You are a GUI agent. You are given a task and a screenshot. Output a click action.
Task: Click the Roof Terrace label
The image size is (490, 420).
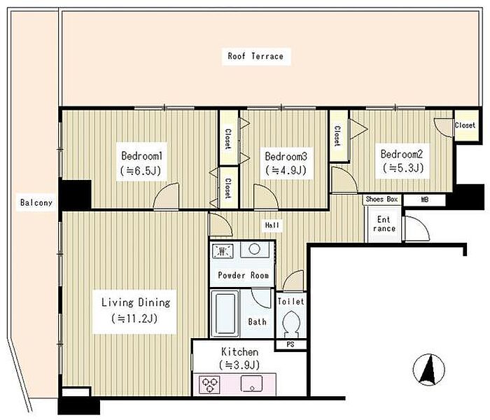[255, 56]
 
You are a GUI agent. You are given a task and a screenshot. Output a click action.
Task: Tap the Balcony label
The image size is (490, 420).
[36, 202]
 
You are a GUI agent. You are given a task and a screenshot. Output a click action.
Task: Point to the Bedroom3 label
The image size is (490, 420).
[286, 156]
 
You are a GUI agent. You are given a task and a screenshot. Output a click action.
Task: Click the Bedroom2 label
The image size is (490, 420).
[402, 154]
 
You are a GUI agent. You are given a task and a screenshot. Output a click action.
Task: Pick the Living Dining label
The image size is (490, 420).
[136, 302]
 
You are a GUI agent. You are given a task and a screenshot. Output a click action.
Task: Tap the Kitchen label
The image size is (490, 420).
[239, 352]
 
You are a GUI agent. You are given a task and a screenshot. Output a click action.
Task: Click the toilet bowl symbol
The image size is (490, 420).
[291, 323]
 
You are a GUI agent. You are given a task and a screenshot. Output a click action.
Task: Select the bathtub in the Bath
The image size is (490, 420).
[225, 314]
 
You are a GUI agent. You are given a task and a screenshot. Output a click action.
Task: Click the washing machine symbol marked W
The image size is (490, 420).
[223, 251]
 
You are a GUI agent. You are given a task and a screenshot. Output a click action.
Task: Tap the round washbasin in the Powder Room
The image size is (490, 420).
[254, 249]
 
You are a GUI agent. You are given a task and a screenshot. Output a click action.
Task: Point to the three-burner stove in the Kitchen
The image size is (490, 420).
[209, 384]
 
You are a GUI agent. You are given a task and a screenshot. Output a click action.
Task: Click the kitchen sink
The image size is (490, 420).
[251, 384]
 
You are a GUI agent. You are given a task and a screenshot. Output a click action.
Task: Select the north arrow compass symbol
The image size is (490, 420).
[428, 370]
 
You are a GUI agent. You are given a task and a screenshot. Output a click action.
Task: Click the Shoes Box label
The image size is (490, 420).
[382, 199]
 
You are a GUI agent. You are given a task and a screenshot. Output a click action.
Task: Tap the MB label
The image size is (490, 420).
[424, 199]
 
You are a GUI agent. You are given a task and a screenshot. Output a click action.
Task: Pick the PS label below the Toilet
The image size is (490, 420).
[290, 344]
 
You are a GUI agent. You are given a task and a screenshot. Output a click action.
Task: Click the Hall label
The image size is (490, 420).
[272, 225]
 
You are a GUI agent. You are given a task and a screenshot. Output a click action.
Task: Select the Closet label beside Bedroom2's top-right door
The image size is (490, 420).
[465, 125]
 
